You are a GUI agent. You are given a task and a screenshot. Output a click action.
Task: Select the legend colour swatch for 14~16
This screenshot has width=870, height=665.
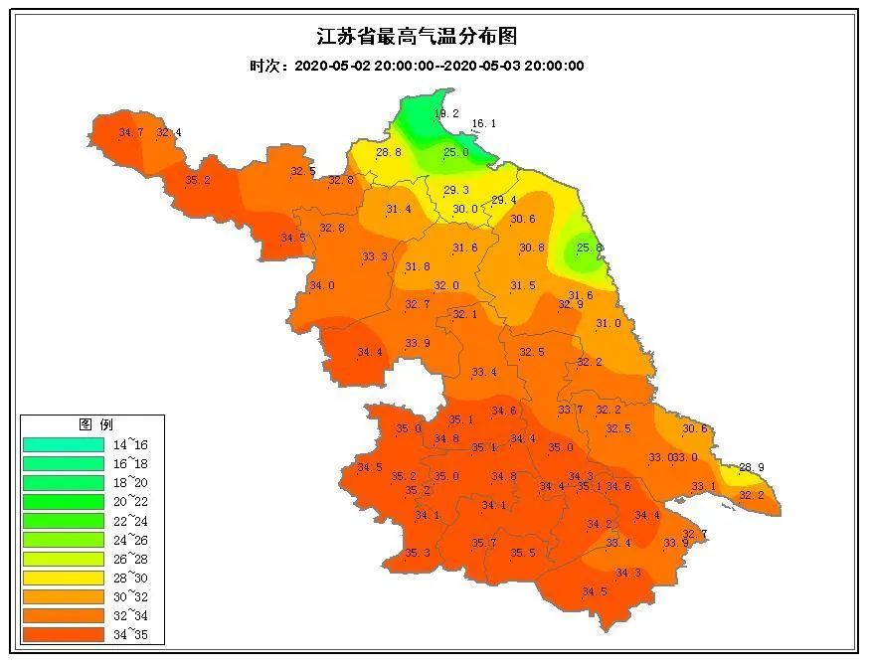63,444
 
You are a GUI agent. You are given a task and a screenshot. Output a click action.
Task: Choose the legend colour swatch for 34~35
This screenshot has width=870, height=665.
63,633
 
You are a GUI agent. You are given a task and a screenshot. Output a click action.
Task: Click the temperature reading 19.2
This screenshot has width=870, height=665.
446,114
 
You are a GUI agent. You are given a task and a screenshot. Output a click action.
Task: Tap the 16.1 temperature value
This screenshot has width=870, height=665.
483,124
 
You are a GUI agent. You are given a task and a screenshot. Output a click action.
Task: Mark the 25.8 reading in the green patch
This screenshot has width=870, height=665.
589,248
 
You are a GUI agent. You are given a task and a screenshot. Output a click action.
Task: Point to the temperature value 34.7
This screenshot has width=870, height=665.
131,133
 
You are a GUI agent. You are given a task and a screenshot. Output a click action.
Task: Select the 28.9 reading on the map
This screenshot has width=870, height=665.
752,467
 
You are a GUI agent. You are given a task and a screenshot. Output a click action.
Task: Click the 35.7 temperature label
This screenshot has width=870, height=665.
483,543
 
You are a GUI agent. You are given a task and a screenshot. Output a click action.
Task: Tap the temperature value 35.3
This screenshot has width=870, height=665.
418,553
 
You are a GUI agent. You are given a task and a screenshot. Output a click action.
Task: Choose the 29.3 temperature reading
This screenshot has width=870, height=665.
456,190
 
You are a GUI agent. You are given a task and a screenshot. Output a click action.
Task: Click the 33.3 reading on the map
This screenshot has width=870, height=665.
375,257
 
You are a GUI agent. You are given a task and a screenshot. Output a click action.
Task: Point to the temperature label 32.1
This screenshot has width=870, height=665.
465,314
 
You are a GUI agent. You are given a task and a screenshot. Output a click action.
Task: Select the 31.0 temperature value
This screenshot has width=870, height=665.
608,323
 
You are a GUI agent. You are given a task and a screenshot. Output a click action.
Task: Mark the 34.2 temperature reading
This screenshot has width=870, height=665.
599,524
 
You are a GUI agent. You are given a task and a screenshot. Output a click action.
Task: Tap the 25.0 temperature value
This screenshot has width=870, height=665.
455,152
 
